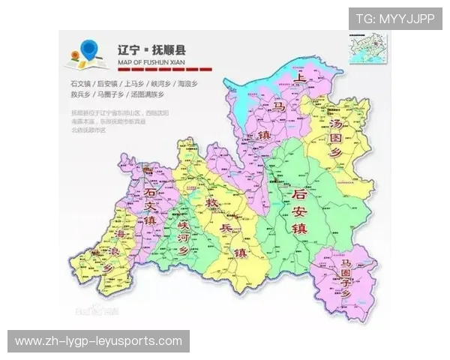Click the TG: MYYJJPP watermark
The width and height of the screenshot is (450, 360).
click(394, 19)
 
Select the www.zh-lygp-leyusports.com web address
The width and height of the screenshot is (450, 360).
click(98, 341)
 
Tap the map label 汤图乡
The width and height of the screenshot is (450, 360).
click(340, 139)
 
